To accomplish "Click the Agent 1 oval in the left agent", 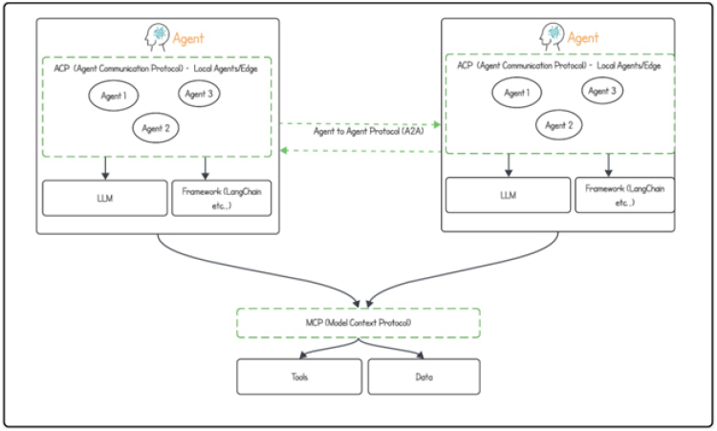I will (114, 97).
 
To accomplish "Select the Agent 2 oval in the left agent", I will (155, 126).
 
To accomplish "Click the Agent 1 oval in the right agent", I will (516, 94).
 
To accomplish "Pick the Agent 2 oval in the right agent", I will (558, 123).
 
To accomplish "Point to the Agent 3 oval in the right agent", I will (601, 91).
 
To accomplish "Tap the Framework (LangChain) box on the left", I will (221, 197).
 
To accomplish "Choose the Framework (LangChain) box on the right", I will (624, 195).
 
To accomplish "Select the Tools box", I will (299, 377).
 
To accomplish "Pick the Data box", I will (422, 377).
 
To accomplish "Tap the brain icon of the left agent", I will (157, 37).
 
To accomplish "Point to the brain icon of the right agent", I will (551, 36).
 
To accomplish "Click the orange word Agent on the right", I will (583, 37).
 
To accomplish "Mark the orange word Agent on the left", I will (188, 38).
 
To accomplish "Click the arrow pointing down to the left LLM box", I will (104, 168).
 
